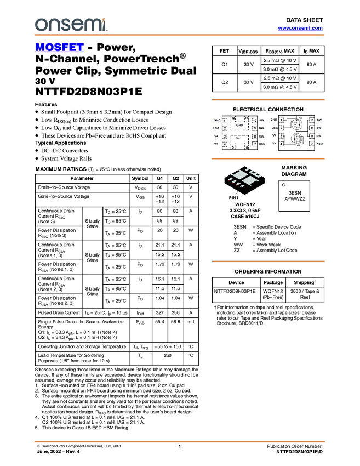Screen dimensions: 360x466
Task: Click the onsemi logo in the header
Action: (x=71, y=25)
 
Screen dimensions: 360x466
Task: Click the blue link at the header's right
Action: (x=300, y=28)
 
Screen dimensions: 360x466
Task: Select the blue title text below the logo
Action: (x=59, y=48)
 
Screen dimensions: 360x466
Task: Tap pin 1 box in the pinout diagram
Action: (x=225, y=120)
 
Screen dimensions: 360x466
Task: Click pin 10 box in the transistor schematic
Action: (x=312, y=120)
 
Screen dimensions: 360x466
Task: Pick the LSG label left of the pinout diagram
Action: (x=216, y=128)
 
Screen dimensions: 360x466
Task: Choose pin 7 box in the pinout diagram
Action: (x=255, y=144)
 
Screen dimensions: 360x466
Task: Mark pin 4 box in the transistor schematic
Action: (x=281, y=144)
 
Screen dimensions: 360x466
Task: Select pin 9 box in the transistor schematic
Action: (x=312, y=128)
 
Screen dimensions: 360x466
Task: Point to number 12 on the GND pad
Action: (x=233, y=118)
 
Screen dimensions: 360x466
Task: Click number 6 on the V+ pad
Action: (x=247, y=147)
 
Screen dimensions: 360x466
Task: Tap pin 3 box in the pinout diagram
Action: (x=225, y=136)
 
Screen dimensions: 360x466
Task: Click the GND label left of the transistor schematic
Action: (x=274, y=120)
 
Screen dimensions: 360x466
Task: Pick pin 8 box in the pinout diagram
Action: (x=255, y=136)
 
